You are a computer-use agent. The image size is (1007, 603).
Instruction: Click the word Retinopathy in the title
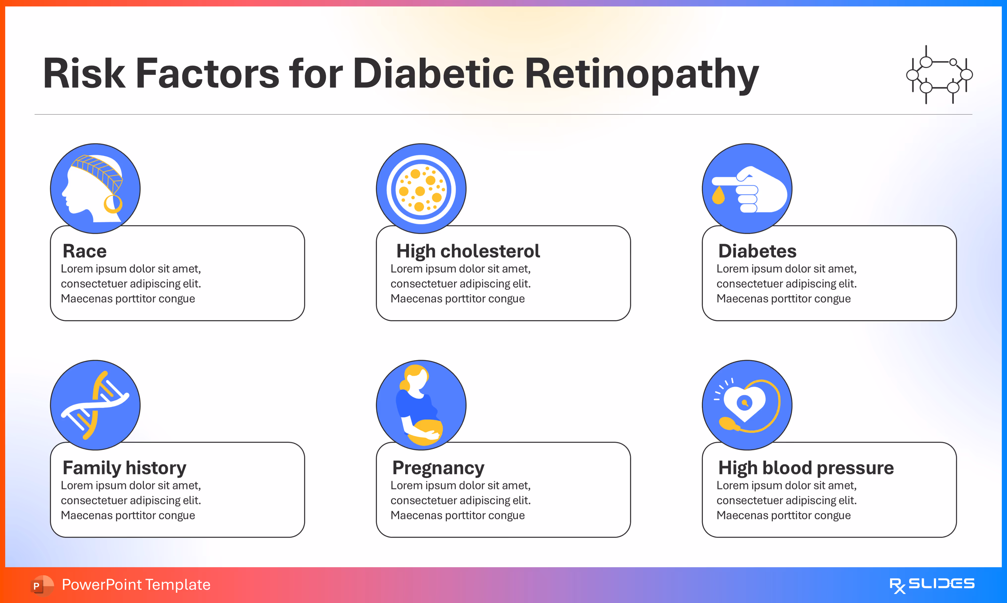pos(642,74)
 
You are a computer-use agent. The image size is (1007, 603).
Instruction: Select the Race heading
pos(85,251)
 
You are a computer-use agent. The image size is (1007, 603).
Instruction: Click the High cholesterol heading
pos(468,251)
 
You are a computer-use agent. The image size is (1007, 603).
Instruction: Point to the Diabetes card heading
pos(757,251)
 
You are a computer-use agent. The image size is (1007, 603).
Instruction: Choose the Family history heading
pos(124,468)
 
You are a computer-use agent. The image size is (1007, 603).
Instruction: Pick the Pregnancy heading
pos(438,468)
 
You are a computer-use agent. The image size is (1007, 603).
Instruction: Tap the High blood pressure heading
pos(806,468)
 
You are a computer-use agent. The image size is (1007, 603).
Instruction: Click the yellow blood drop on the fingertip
pos(718,196)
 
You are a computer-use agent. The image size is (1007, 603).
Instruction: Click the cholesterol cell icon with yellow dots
pos(421,189)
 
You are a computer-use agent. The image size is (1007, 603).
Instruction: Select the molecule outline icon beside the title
pos(939,75)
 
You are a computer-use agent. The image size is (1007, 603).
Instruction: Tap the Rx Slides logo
pos(932,585)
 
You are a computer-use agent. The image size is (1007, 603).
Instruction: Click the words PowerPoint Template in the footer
pos(136,585)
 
